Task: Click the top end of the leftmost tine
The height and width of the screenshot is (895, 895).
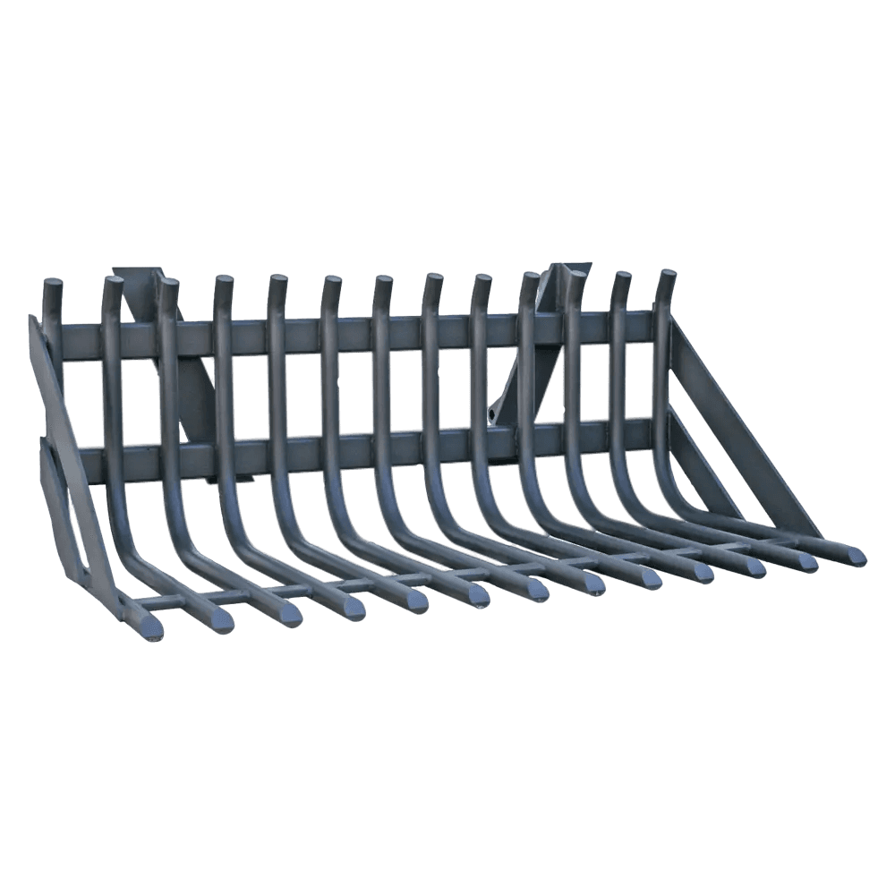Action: (53, 288)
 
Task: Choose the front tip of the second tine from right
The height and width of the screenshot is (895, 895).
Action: (804, 561)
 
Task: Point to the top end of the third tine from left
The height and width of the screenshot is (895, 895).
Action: (168, 289)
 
